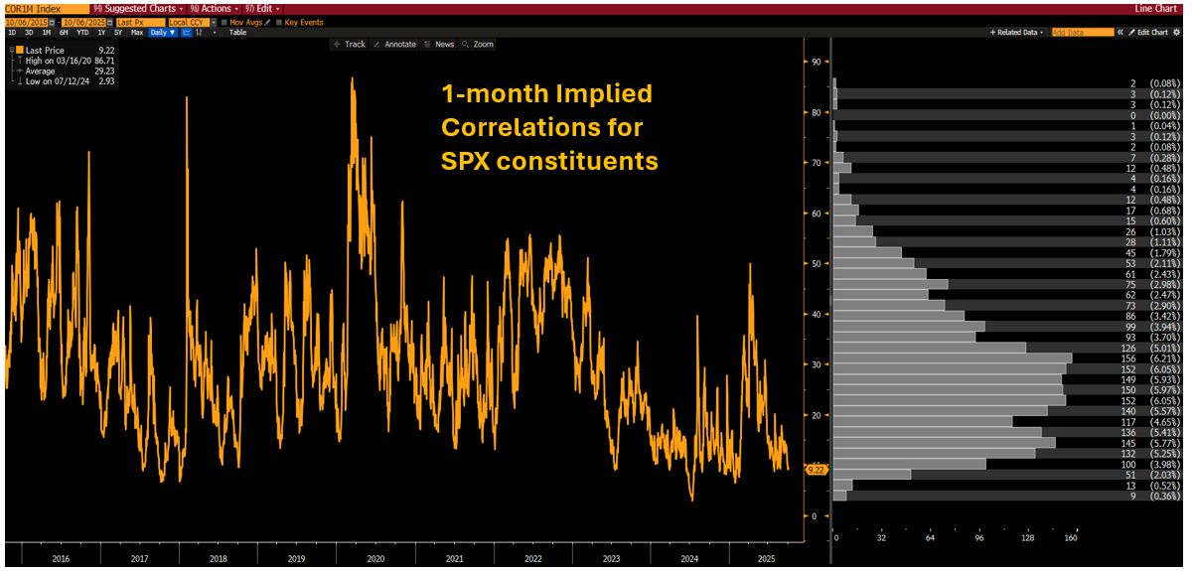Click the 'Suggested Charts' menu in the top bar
point(134,8)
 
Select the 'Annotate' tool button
point(395,44)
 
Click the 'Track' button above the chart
point(350,44)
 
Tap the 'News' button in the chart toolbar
point(439,44)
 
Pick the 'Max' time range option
point(137,32)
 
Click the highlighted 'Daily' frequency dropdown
point(163,32)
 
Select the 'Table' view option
point(237,32)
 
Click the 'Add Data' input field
point(1082,32)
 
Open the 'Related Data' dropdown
point(1017,32)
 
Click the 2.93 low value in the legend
point(105,80)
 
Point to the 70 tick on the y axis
point(815,163)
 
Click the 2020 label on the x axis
point(374,559)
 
